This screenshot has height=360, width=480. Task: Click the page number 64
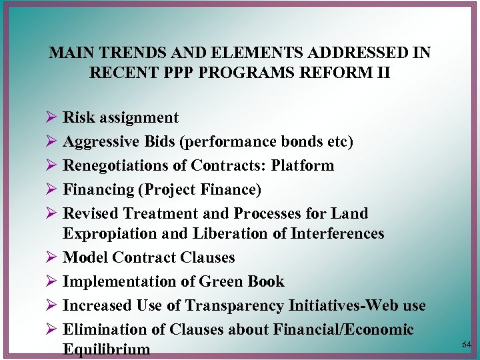click(466, 344)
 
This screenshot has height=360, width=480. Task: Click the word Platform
click(307, 165)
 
